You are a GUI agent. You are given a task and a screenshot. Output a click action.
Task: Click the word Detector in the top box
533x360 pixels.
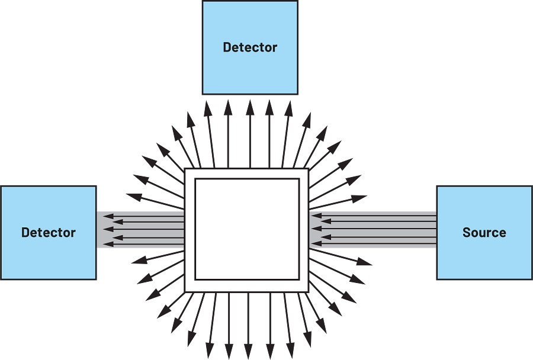point(250,47)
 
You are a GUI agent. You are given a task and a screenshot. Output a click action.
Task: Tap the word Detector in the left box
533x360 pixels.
point(49,233)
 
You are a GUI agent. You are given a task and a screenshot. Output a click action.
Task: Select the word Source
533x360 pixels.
point(484,233)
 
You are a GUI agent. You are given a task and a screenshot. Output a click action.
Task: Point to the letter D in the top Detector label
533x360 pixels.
point(227,47)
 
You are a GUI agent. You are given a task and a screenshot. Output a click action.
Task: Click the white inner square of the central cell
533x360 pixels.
point(247,230)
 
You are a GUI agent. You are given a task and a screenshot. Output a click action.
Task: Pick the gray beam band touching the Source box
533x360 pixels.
point(373,230)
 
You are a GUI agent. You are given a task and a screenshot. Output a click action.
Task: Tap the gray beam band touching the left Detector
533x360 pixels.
point(140,230)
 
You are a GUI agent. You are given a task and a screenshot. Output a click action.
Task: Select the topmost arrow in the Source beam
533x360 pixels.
point(374,215)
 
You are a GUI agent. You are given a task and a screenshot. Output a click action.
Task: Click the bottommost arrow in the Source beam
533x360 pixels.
point(374,243)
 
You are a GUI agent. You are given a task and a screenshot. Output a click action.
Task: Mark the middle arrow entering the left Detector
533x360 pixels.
point(143,229)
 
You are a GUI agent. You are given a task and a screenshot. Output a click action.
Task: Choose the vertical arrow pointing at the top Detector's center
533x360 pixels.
point(250,134)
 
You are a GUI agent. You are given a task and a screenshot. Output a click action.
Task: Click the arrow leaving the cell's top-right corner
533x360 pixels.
point(325,155)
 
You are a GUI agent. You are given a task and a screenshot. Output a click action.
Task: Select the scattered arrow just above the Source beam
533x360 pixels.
point(338,202)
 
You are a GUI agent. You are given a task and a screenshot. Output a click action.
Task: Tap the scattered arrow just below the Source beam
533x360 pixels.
point(341,256)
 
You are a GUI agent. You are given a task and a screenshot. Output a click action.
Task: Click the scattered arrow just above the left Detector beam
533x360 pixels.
point(155,201)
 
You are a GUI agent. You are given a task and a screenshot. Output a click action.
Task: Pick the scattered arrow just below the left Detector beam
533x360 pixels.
point(158,256)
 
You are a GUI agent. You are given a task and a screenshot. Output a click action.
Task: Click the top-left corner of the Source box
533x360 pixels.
point(437,186)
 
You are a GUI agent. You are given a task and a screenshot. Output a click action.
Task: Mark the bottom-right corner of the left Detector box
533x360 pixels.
point(96,279)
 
